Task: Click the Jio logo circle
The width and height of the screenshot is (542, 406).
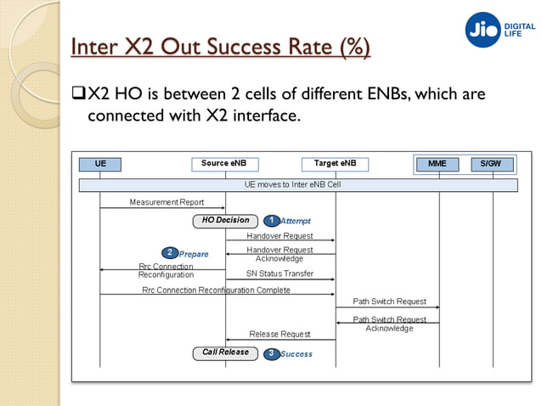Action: pos(483,30)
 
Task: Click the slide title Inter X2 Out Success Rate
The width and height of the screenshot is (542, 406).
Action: pos(219,48)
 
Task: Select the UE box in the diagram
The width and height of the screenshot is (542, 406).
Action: pos(100,163)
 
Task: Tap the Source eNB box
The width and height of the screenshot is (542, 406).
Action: pos(225,163)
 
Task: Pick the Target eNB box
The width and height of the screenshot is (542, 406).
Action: pos(335,163)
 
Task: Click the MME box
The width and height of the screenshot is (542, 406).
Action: pos(438,163)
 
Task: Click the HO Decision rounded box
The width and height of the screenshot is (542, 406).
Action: pos(225,221)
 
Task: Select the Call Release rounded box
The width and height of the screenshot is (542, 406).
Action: pos(225,352)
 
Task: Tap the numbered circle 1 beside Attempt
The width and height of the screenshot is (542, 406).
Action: pos(271,221)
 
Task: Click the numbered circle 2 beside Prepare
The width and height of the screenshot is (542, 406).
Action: pos(170,252)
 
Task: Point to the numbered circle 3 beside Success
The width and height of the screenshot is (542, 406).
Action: pos(271,353)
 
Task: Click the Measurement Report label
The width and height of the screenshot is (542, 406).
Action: pos(167,202)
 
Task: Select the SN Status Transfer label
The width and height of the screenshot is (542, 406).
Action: pos(279,273)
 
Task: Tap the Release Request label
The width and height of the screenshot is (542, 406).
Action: pos(279,334)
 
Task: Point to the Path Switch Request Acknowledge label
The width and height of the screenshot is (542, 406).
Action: pos(389,324)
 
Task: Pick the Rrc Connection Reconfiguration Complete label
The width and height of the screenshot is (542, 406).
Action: pos(216,290)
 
